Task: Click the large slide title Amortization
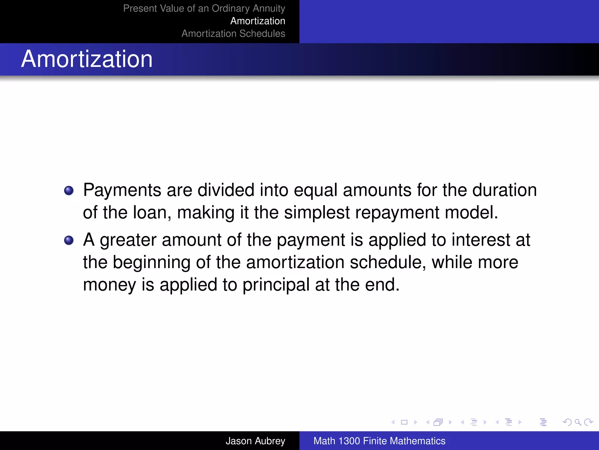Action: pos(87,59)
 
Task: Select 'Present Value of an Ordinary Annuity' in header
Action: pos(204,8)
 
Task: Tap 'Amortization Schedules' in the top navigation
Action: pos(233,33)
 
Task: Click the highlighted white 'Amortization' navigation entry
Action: pos(258,21)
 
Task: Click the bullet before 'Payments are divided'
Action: pos(69,191)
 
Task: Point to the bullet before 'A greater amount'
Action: pos(69,241)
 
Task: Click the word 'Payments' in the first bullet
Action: pos(122,190)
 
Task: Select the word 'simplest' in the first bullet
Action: pos(317,212)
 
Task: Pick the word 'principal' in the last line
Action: pos(276,284)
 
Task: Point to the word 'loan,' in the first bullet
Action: pos(152,212)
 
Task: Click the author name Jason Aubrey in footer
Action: pos(255,441)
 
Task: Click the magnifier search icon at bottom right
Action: pos(578,422)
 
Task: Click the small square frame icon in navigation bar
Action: pos(404,422)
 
